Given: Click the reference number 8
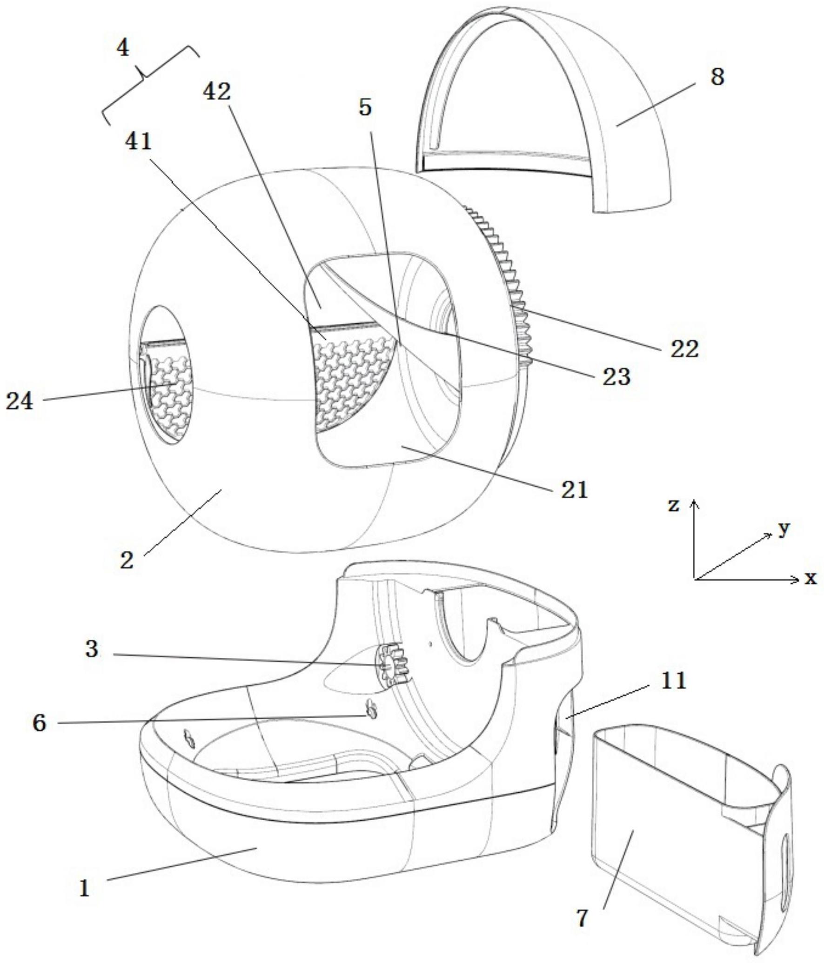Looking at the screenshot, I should pyautogui.click(x=717, y=77).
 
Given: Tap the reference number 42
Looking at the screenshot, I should pyautogui.click(x=217, y=92).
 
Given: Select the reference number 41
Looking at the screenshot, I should pyautogui.click(x=138, y=140).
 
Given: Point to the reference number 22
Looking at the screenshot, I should pyautogui.click(x=684, y=348).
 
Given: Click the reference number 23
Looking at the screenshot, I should pyautogui.click(x=616, y=376).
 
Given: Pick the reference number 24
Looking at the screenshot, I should pyautogui.click(x=20, y=401).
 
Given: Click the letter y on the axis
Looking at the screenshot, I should pyautogui.click(x=784, y=528).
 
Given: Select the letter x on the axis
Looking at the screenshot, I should pyautogui.click(x=811, y=578).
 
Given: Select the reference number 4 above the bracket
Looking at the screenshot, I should pyautogui.click(x=122, y=48).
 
